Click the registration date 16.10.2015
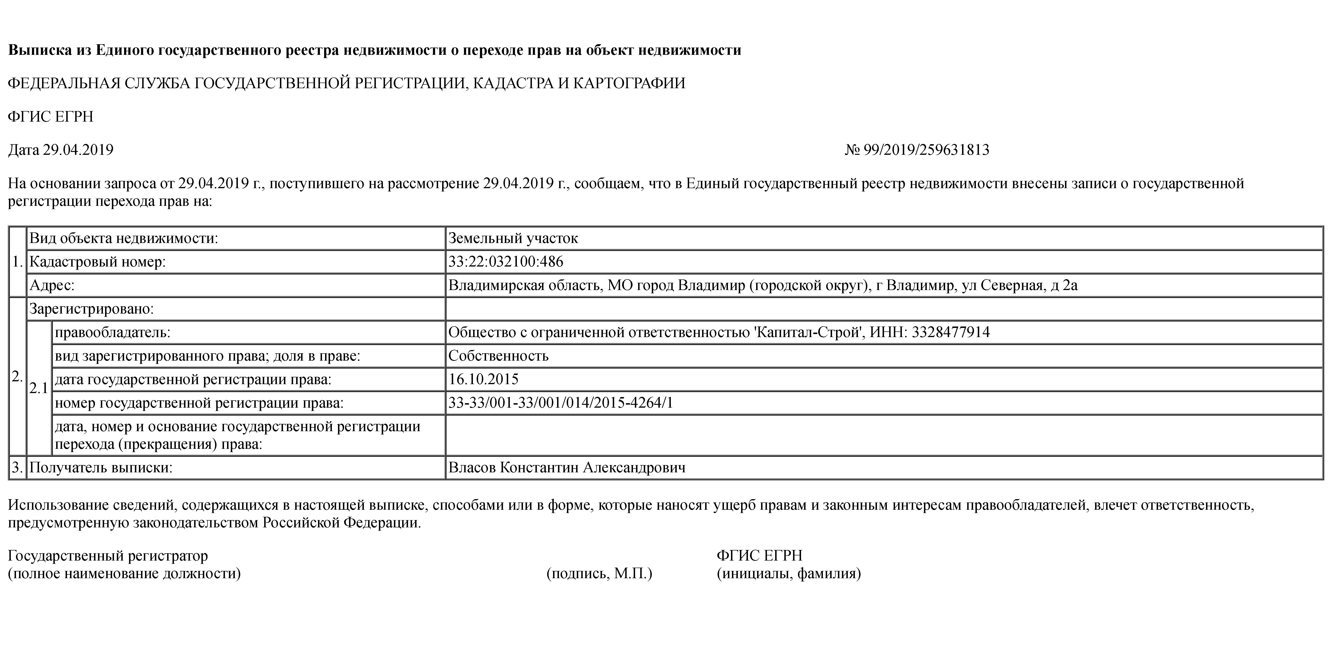(483, 379)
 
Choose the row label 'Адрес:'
(52, 285)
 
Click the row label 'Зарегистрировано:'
(91, 309)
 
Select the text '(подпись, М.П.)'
(599, 573)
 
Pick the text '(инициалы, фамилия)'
(789, 573)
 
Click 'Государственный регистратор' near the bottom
(108, 556)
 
